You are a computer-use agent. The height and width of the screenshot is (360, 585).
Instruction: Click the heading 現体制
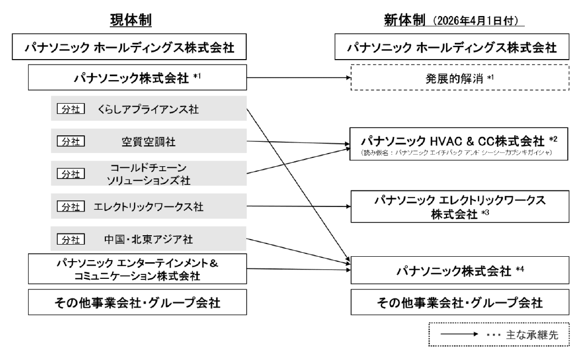(130, 20)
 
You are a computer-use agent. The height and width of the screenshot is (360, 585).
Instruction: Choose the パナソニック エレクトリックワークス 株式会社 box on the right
(460, 207)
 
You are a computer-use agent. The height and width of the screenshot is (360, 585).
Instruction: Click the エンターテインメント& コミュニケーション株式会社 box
(130, 268)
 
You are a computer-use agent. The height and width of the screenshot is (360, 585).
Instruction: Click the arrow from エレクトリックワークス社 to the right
(298, 207)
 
